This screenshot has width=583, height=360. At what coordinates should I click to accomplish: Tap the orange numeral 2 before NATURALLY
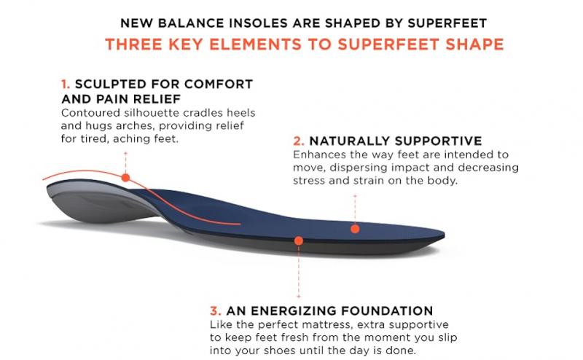coord(297,140)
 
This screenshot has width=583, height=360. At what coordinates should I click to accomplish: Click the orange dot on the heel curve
coord(125,177)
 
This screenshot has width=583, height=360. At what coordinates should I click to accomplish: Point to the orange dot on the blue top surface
coord(355,228)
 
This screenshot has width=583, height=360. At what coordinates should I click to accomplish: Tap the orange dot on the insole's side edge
coord(298,240)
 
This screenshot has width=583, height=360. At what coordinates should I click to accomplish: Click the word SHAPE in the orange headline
coord(477,44)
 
